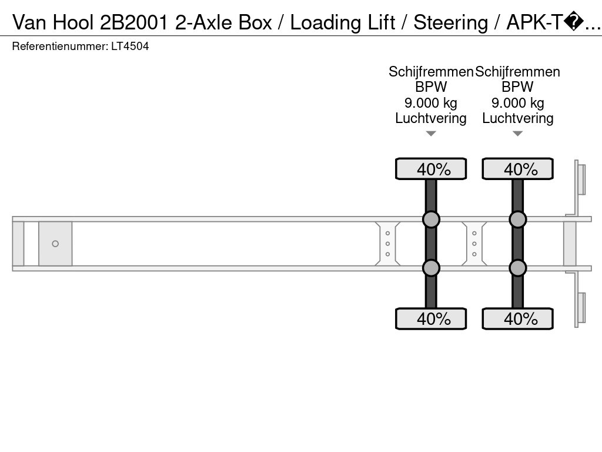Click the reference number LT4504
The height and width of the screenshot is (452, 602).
click(130, 46)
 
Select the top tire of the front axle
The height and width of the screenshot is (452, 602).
click(431, 169)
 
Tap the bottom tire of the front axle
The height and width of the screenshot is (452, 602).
click(431, 319)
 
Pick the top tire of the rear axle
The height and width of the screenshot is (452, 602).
click(518, 169)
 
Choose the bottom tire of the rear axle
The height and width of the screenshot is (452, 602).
click(518, 319)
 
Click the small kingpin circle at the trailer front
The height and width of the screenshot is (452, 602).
click(55, 244)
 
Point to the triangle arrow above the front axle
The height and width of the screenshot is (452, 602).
click(431, 134)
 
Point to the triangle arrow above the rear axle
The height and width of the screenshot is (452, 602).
click(518, 134)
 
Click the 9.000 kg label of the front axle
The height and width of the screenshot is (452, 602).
click(431, 103)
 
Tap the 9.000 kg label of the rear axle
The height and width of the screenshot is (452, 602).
click(518, 103)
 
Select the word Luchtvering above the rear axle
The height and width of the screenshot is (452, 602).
click(518, 118)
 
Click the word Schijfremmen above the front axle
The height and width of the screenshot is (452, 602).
click(431, 72)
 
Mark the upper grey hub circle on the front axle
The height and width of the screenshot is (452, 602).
click(431, 220)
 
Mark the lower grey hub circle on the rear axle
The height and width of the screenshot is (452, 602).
click(518, 268)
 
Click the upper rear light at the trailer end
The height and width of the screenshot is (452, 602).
click(581, 180)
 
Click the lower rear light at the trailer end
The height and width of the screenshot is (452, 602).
click(581, 307)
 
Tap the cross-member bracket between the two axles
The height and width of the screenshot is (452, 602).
click(474, 244)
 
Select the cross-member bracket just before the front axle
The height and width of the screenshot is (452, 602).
click(388, 244)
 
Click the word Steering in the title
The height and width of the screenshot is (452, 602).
click(450, 22)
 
